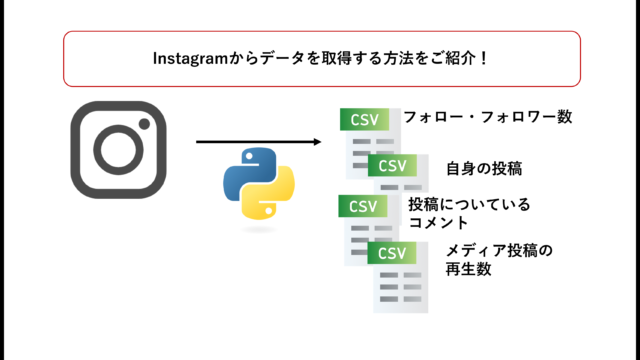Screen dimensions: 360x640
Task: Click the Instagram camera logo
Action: (x=118, y=149)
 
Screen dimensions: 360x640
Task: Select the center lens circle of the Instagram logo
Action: (x=118, y=150)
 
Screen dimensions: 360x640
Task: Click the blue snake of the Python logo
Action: (x=245, y=167)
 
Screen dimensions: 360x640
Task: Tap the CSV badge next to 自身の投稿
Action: (x=393, y=165)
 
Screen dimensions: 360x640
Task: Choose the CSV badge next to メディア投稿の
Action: (x=393, y=251)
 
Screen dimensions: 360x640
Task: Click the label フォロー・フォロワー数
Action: (x=487, y=117)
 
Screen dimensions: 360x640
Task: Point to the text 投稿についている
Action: (x=469, y=205)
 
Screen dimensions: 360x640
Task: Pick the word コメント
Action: (x=438, y=223)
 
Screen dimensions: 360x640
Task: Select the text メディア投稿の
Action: (x=499, y=250)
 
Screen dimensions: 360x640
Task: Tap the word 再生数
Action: (x=468, y=269)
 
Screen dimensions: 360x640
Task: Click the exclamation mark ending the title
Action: (x=484, y=58)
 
